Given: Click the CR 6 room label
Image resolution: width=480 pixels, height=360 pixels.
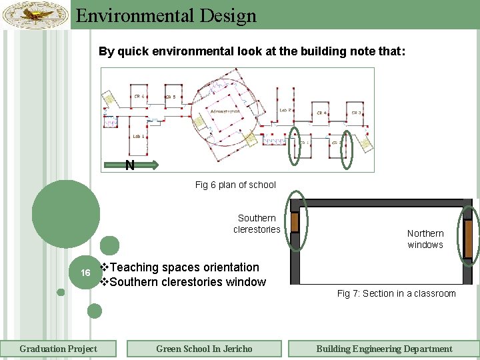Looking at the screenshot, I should coord(139,97).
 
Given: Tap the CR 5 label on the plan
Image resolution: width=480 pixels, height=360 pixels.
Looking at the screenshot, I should coord(171,97).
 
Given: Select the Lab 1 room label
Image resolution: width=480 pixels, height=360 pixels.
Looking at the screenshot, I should coord(139,136).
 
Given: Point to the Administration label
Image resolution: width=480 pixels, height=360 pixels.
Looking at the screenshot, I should coord(225,111).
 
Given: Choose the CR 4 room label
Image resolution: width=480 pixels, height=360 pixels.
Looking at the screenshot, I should coord(321,113).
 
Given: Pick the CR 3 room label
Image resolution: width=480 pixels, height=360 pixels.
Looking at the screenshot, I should coord(356,113).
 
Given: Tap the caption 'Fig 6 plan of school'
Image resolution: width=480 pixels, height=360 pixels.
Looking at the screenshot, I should coord(235,185).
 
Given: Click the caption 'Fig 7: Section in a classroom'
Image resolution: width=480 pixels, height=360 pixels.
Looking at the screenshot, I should coord(396,293).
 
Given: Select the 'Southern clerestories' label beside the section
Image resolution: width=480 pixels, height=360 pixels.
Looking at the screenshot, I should coord(257,223).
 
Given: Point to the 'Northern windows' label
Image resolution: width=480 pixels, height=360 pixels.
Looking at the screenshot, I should coord(425,239).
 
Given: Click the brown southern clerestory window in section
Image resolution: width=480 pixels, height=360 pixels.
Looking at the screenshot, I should coord(294,221).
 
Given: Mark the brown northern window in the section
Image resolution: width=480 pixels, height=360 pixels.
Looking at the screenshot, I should coord(468,239).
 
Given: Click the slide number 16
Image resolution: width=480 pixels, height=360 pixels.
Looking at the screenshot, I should coord(85,273).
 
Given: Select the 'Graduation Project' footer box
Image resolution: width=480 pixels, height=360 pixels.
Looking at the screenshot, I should coord(58,349).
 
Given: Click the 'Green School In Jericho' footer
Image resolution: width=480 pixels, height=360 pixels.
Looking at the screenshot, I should coord(204,349).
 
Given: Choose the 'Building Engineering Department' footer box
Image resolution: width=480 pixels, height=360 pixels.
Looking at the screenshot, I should coord(384,349).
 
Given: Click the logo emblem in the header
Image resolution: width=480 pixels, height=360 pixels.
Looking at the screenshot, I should coord(35,13).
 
